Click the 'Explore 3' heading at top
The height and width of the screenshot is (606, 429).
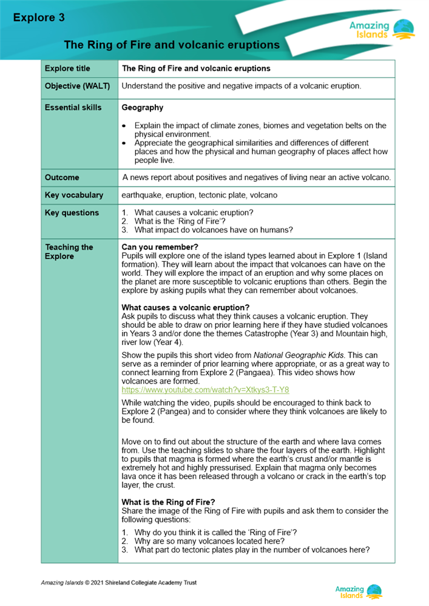(x=39, y=18)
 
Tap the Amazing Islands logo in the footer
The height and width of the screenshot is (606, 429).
(x=359, y=591)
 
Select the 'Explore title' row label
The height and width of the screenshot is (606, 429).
(x=67, y=68)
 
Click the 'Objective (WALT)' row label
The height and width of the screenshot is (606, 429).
(x=77, y=86)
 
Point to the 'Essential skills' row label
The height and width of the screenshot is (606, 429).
(x=72, y=107)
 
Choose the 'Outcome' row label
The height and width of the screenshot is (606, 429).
(x=62, y=178)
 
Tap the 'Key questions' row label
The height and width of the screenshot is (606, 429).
(x=72, y=213)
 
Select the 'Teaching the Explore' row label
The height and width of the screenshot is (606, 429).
(x=69, y=251)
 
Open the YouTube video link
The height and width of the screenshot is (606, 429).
(x=205, y=390)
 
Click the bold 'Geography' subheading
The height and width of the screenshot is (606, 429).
(x=142, y=107)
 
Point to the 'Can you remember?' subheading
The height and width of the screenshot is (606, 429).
(x=160, y=247)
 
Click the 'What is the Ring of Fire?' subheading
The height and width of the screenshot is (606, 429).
(x=168, y=502)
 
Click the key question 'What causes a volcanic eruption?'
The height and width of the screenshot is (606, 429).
(x=194, y=213)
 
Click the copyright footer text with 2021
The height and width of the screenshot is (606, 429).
(x=118, y=582)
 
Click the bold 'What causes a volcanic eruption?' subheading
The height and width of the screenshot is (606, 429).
(x=185, y=307)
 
